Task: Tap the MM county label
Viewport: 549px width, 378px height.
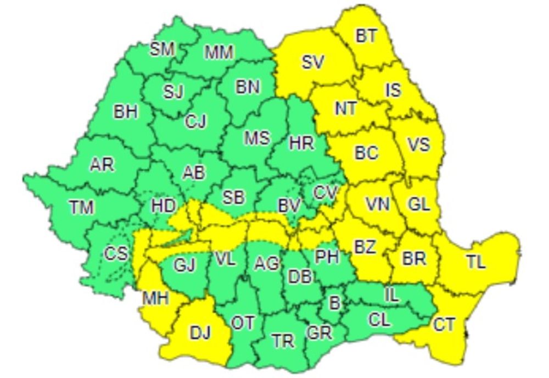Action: (x=219, y=53)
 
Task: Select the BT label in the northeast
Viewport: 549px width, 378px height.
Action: (x=366, y=36)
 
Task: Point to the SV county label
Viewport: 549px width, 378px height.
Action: (x=313, y=62)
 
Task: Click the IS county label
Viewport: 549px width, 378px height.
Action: (x=393, y=90)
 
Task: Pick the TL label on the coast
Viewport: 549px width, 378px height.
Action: (x=476, y=262)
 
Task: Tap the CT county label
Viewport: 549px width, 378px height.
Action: (x=444, y=325)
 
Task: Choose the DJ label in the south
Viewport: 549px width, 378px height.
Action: (x=201, y=332)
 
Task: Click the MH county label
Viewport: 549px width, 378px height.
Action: (x=155, y=299)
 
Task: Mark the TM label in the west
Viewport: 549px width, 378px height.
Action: (x=81, y=207)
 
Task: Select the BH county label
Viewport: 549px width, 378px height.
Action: (x=126, y=112)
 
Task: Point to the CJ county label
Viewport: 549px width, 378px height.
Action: (x=195, y=121)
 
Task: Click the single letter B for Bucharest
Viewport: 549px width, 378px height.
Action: (x=334, y=302)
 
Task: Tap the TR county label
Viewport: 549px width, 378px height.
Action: (x=283, y=342)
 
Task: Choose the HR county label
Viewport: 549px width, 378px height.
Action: (x=301, y=143)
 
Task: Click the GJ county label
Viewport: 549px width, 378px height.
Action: (x=184, y=266)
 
